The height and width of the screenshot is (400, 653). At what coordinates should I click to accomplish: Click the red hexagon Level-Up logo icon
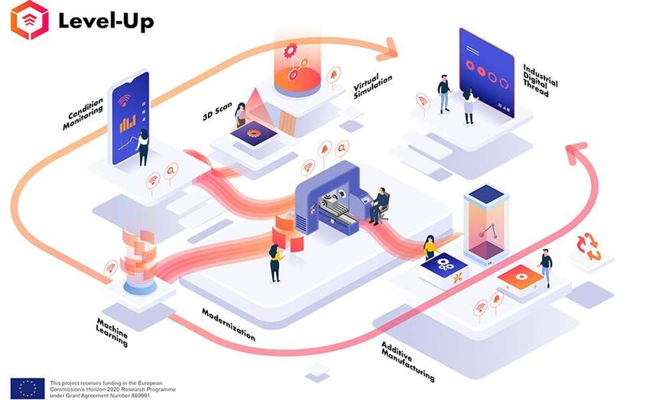(29, 21)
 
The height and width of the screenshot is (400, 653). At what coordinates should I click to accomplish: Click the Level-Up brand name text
(106, 21)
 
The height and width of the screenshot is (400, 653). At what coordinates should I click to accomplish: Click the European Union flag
(27, 387)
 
